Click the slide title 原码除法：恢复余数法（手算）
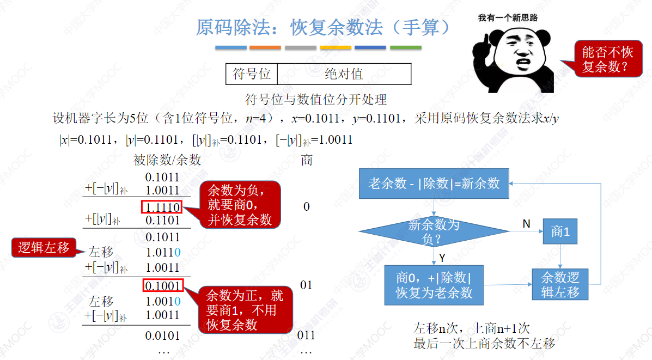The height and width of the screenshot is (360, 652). pyautogui.click(x=323, y=28)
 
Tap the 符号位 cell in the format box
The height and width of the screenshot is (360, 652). pyautogui.click(x=252, y=74)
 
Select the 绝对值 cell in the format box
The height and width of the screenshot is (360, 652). pyautogui.click(x=344, y=74)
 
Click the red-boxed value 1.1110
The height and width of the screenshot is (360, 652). pyautogui.click(x=162, y=206)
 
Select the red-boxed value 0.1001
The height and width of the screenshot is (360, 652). pyautogui.click(x=163, y=285)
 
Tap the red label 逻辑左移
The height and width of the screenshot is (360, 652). pyautogui.click(x=44, y=247)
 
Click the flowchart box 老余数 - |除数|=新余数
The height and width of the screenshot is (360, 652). pyautogui.click(x=434, y=184)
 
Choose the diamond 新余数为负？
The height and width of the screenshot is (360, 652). pyautogui.click(x=434, y=231)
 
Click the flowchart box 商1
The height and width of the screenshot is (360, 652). pyautogui.click(x=560, y=231)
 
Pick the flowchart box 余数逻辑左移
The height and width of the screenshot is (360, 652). pyautogui.click(x=560, y=285)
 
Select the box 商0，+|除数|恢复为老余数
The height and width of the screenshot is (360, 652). pyautogui.click(x=434, y=285)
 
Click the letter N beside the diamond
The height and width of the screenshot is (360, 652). pyautogui.click(x=526, y=224)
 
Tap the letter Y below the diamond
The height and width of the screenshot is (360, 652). pyautogui.click(x=442, y=258)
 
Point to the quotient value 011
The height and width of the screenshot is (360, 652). pyautogui.click(x=306, y=335)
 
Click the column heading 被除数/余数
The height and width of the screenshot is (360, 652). pyautogui.click(x=167, y=160)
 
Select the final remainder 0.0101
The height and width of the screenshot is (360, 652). pyautogui.click(x=162, y=335)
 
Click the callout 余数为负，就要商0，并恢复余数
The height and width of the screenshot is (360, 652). pyautogui.click(x=240, y=205)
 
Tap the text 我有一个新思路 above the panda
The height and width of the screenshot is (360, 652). pyautogui.click(x=508, y=17)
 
